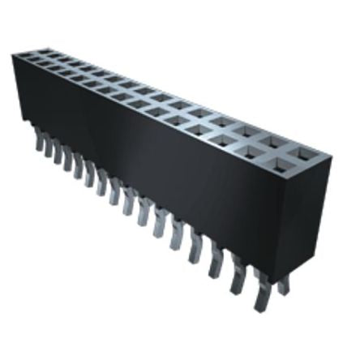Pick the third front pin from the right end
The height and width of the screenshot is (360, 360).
pyautogui.click(x=215, y=263)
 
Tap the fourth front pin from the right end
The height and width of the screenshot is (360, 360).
pyautogui.click(x=195, y=250)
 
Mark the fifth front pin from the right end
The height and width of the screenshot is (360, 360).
pyautogui.click(x=175, y=237)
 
